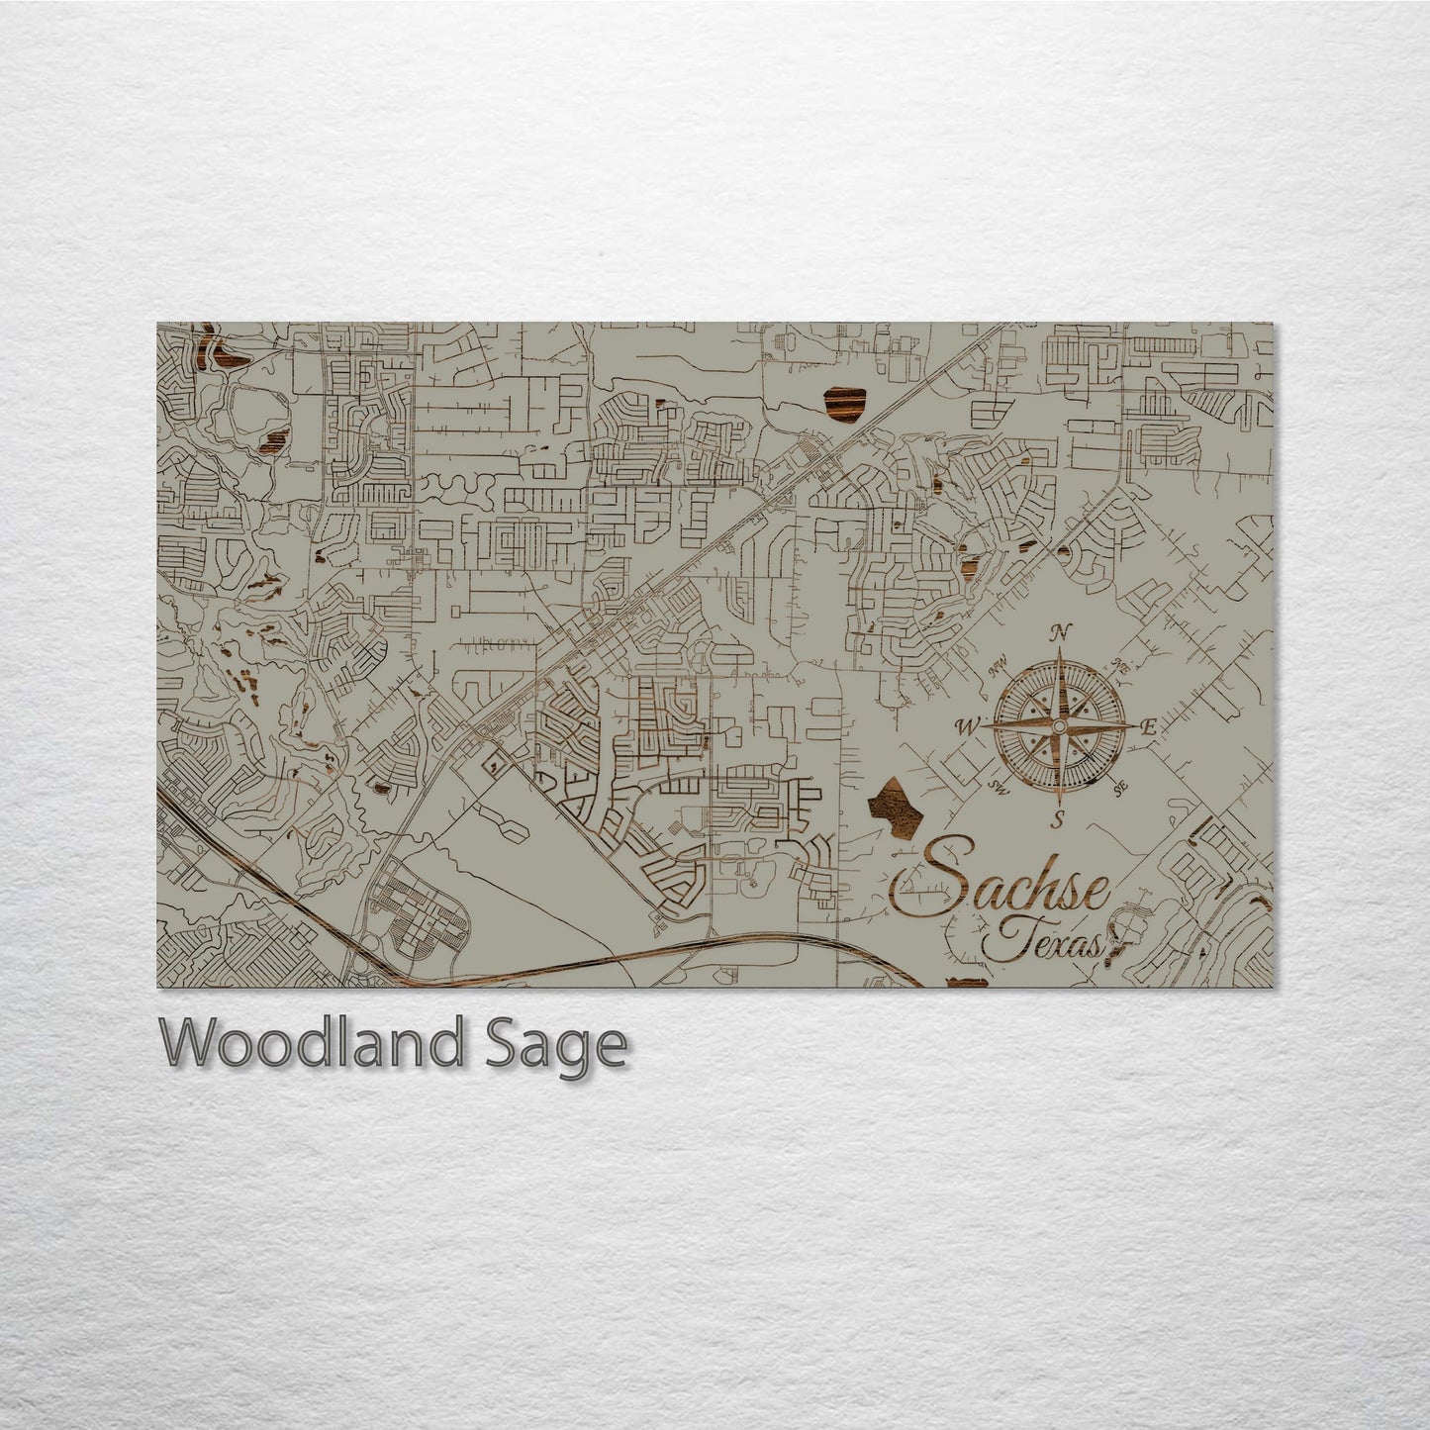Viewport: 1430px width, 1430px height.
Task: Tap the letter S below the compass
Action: (x=1057, y=817)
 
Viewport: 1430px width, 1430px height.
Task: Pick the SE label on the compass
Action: (x=1120, y=789)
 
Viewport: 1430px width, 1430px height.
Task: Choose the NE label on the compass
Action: (x=1119, y=665)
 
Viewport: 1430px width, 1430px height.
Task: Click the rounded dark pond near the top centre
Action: (x=844, y=403)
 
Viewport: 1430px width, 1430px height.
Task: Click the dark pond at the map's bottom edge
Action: (x=967, y=982)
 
